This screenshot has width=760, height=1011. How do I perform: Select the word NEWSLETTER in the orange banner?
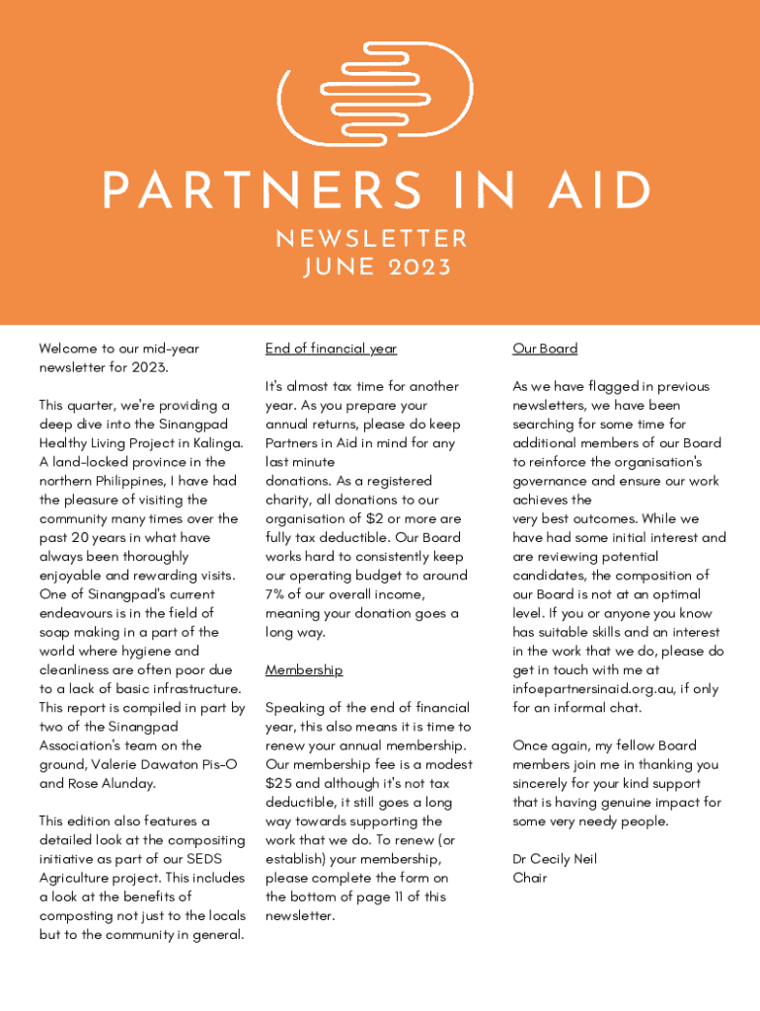coord(371,239)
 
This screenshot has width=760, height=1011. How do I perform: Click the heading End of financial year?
coord(331,349)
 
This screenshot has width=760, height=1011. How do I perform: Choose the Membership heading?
coord(304,670)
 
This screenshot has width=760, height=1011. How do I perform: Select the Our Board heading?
coord(545,349)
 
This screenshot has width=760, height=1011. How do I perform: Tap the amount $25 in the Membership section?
coord(280,783)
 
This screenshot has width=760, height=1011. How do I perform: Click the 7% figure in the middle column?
coord(275,594)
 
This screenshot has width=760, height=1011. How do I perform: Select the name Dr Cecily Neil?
coord(555,859)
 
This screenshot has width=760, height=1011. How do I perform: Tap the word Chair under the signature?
coord(531,878)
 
